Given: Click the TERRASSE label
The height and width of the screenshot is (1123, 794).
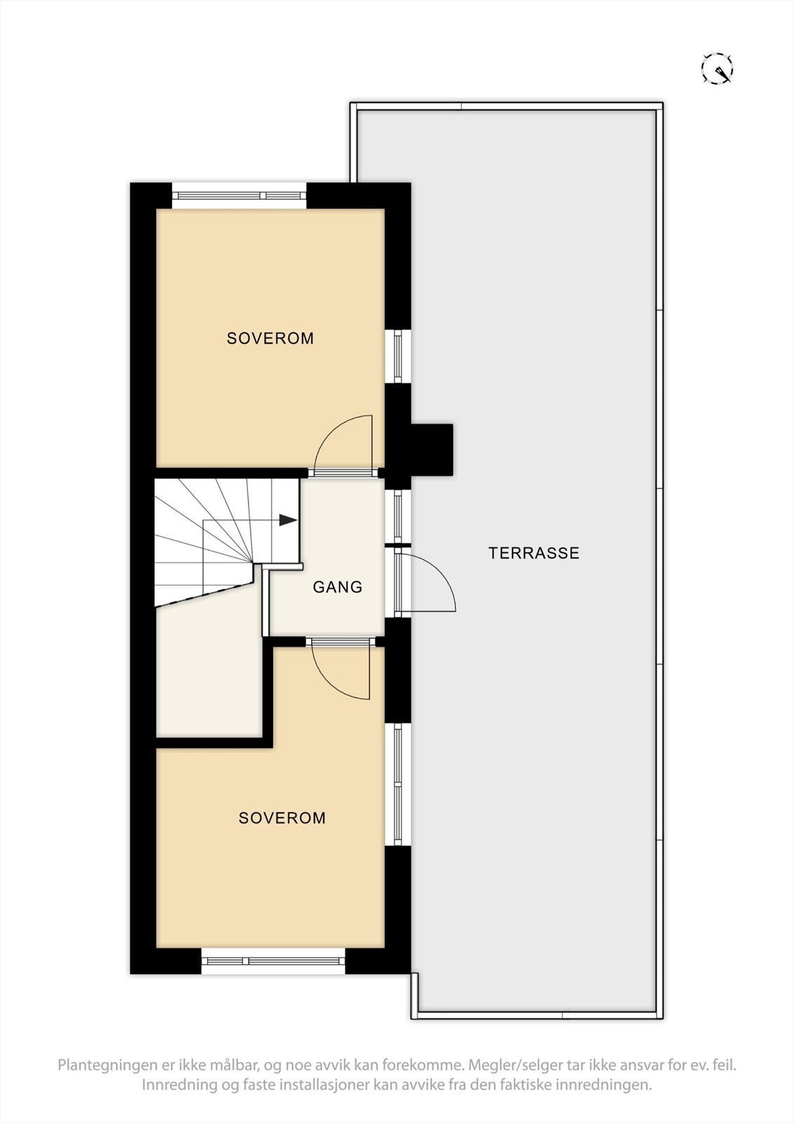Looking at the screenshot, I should tap(534, 553).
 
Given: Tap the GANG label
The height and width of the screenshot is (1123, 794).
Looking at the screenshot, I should tap(338, 587).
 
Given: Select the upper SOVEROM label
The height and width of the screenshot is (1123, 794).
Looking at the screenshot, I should tap(270, 338).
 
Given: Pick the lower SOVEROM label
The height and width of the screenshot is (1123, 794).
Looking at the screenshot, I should tap(282, 818).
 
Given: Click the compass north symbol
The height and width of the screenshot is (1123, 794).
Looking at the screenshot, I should tap(717, 69).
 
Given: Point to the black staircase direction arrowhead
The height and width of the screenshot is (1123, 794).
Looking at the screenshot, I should tap(288, 520).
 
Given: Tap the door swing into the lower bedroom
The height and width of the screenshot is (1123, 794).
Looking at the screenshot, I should tap(343, 670).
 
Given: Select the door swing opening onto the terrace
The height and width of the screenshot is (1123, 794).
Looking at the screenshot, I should tap(432, 583).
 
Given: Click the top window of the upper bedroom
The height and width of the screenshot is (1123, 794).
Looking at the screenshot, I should tap(239, 195).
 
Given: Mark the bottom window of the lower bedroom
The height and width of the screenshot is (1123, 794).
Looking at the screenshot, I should tap(273, 960).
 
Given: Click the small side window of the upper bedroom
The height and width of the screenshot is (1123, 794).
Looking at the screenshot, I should tap(398, 356).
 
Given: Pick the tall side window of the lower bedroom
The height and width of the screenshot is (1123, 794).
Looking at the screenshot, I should tap(398, 784).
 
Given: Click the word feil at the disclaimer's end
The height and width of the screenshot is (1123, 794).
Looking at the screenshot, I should tap(723, 1065).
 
